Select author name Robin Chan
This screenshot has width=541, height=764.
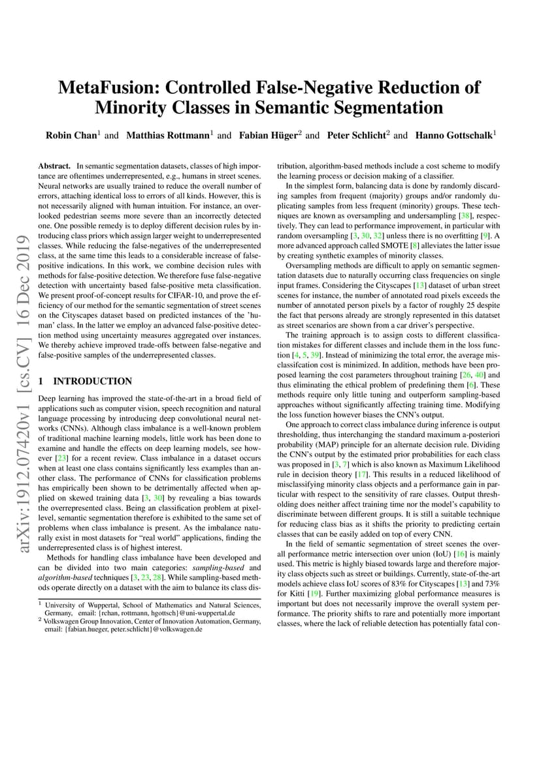point(71,136)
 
